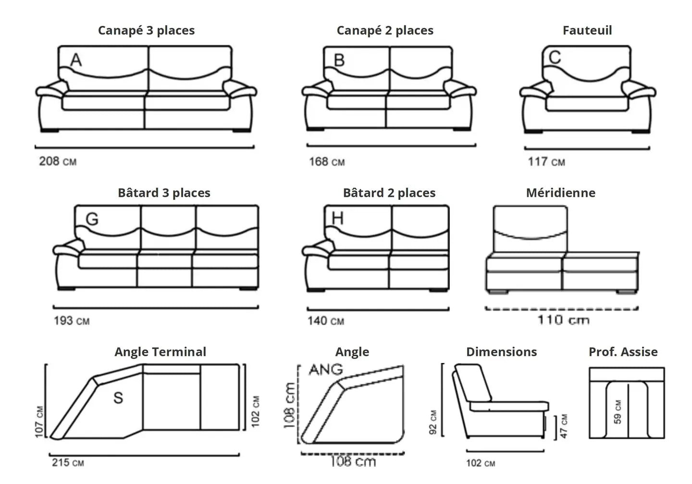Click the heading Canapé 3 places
[x=146, y=30]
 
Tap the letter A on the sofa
[x=76, y=60]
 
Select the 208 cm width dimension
[x=58, y=161]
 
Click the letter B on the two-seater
[x=339, y=60]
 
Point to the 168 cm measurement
[x=327, y=162]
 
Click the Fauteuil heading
[x=587, y=30]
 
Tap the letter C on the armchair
[x=555, y=58]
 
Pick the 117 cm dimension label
[x=546, y=162]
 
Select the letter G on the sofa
[x=92, y=219]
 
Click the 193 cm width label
[x=72, y=320]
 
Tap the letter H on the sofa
[x=338, y=218]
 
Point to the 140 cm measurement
[x=326, y=320]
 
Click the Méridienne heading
[x=560, y=193]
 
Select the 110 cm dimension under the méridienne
[x=563, y=320]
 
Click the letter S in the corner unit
[x=118, y=398]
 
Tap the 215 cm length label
[x=68, y=462]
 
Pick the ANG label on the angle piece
[x=326, y=370]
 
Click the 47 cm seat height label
[x=564, y=426]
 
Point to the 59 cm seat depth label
[x=618, y=412]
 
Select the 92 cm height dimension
[x=433, y=423]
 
